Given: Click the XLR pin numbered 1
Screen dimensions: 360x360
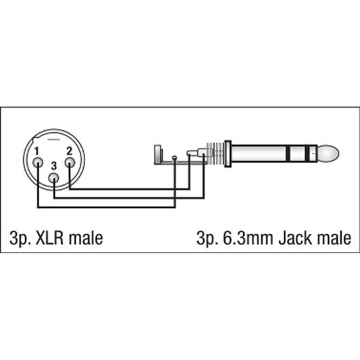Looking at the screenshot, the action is (x=38, y=163).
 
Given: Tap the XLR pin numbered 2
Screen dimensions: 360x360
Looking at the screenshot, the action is (x=70, y=163).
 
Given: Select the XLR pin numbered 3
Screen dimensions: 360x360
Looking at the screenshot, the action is (x=54, y=178).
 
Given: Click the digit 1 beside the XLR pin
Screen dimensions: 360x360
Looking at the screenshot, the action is (x=36, y=151).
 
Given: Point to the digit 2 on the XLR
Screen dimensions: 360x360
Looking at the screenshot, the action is (x=69, y=151).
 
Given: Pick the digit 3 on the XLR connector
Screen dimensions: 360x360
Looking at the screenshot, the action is (x=54, y=166).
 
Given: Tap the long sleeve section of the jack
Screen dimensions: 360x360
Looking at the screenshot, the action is (x=259, y=153).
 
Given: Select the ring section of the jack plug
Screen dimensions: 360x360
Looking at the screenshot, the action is (x=298, y=153).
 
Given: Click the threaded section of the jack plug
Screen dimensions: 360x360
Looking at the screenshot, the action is (x=215, y=153).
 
